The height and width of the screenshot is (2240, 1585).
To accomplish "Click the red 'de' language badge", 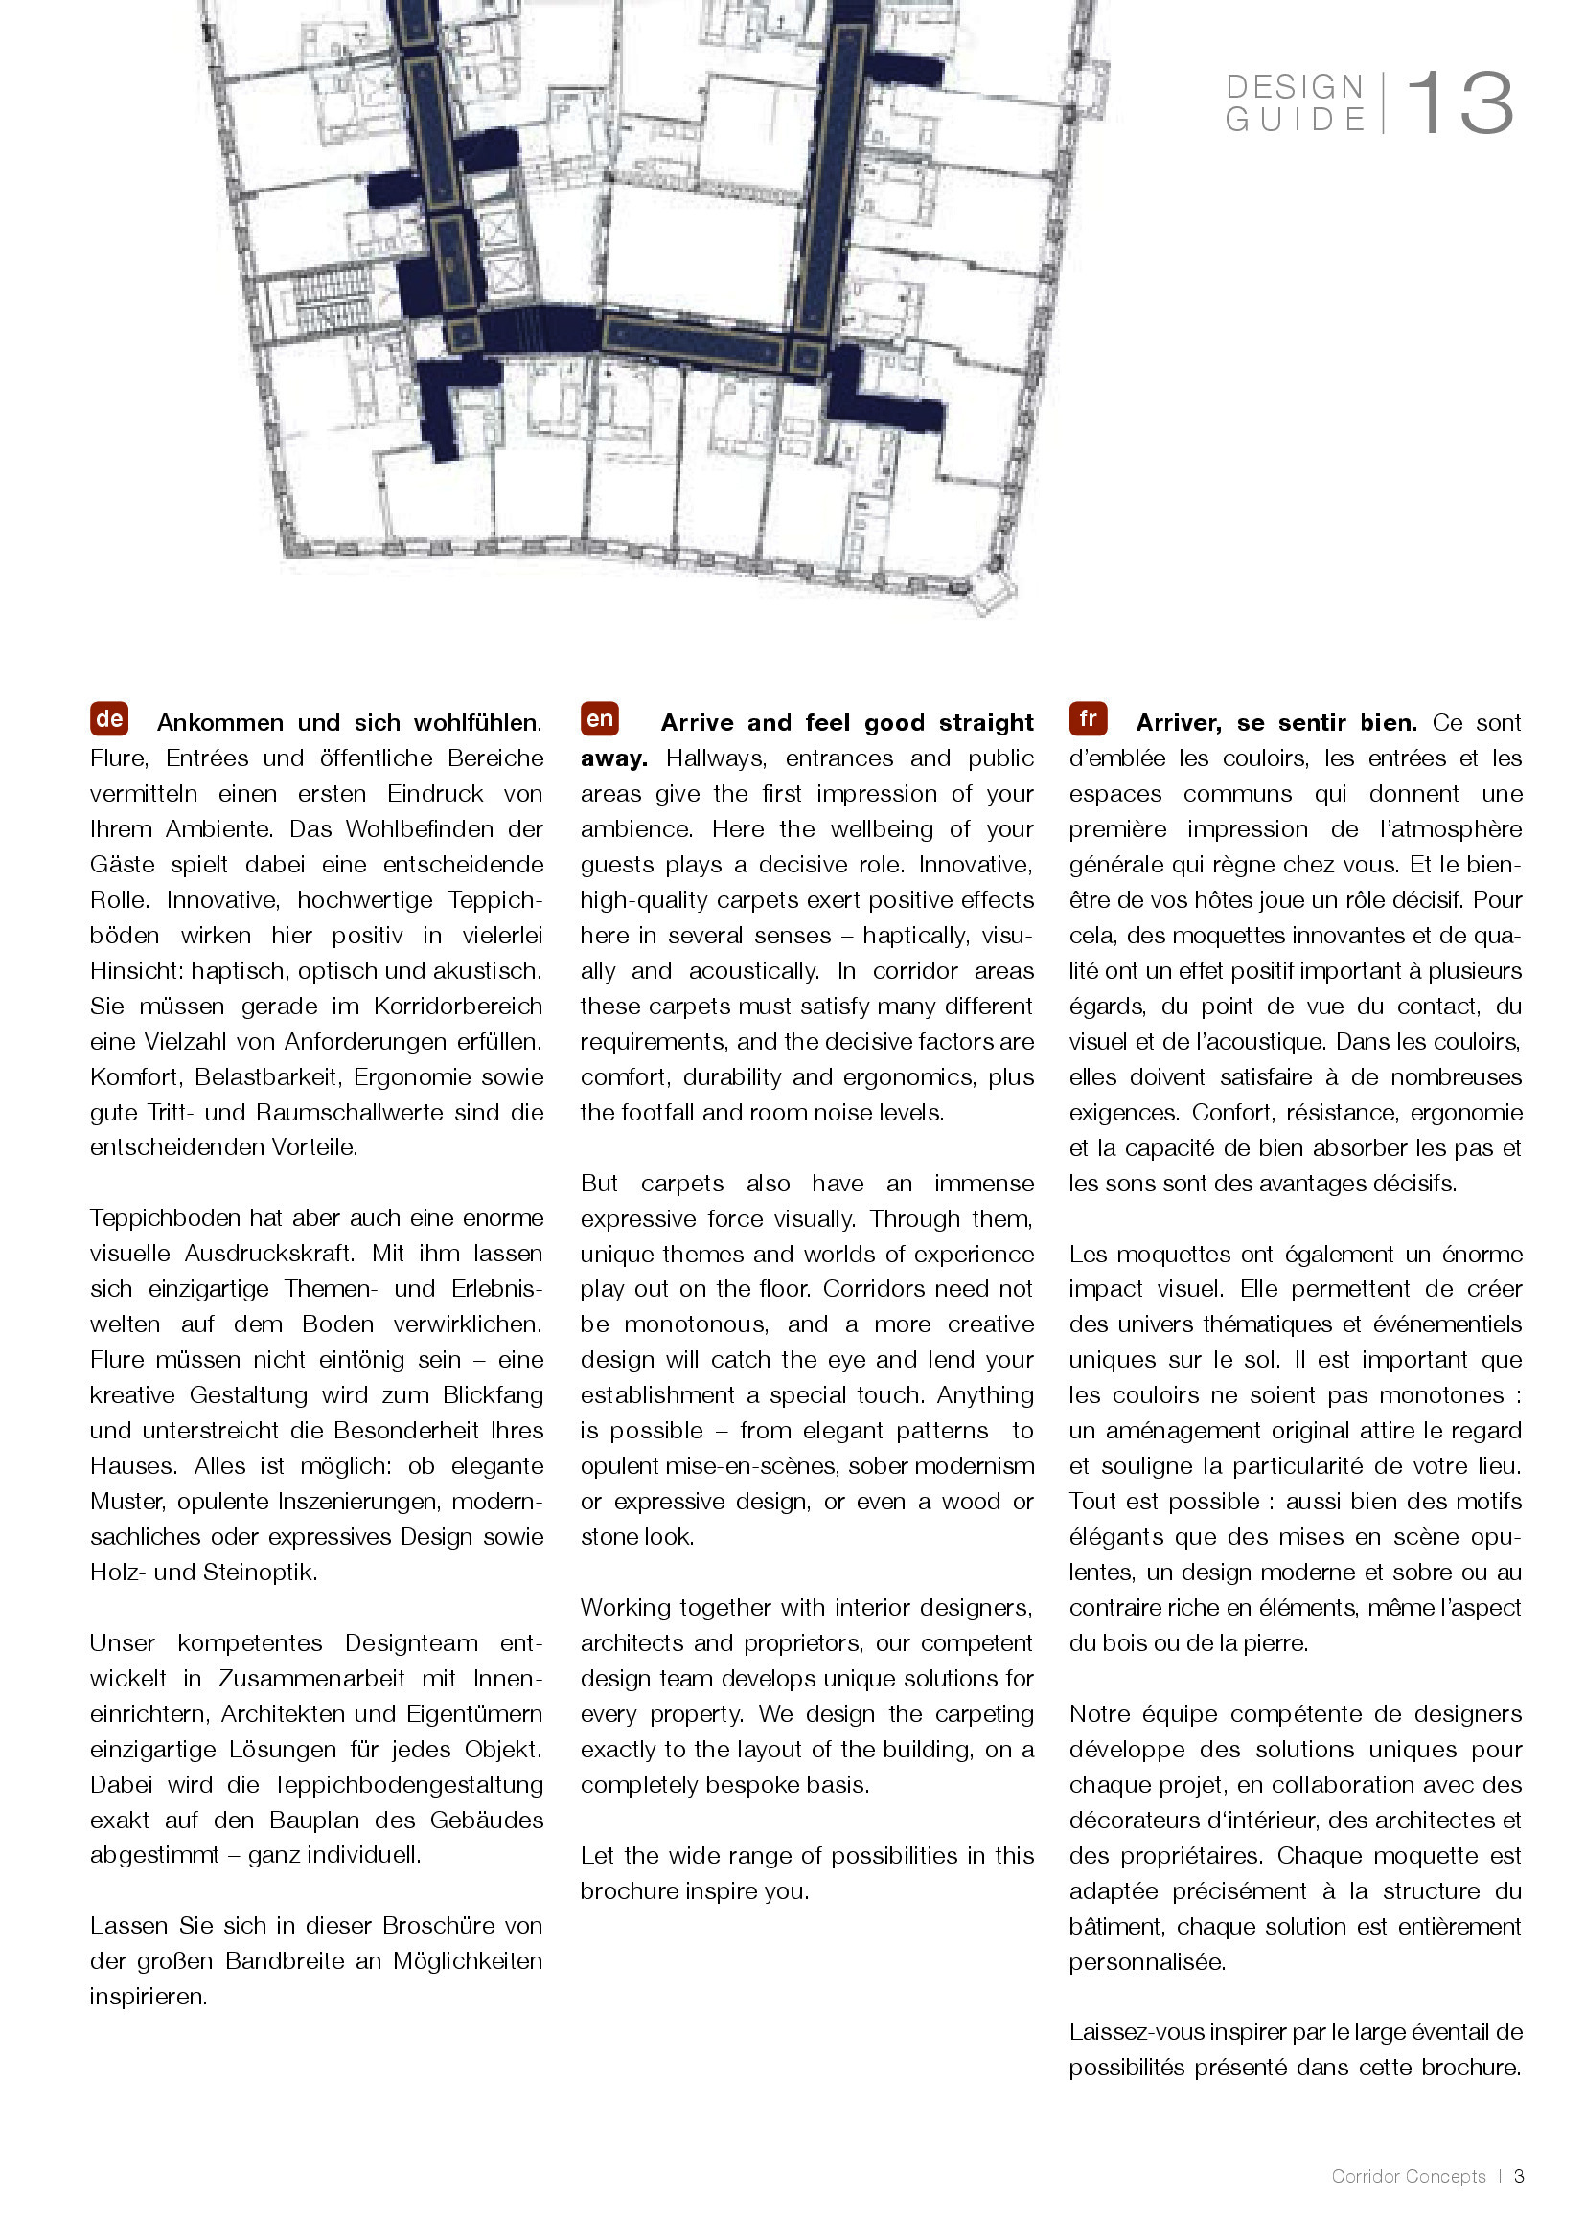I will tap(109, 719).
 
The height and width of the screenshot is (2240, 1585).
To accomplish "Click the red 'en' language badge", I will tap(599, 719).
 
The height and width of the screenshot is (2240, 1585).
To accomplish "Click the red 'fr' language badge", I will tap(1088, 719).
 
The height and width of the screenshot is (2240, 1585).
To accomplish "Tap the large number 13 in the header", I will tap(1459, 103).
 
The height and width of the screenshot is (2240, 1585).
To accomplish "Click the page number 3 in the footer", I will tap(1519, 2177).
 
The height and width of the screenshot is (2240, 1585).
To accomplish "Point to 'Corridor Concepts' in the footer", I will tap(1409, 2177).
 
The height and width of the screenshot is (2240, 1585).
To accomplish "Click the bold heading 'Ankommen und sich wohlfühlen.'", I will tap(349, 723).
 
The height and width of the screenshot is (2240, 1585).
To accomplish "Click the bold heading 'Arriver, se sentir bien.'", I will tap(1275, 723).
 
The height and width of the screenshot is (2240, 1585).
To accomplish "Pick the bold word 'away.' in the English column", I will tap(614, 758).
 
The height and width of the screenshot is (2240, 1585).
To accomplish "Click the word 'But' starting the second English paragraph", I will tap(599, 1184).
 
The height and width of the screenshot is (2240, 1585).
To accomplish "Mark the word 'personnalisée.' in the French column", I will tap(1147, 1962).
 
